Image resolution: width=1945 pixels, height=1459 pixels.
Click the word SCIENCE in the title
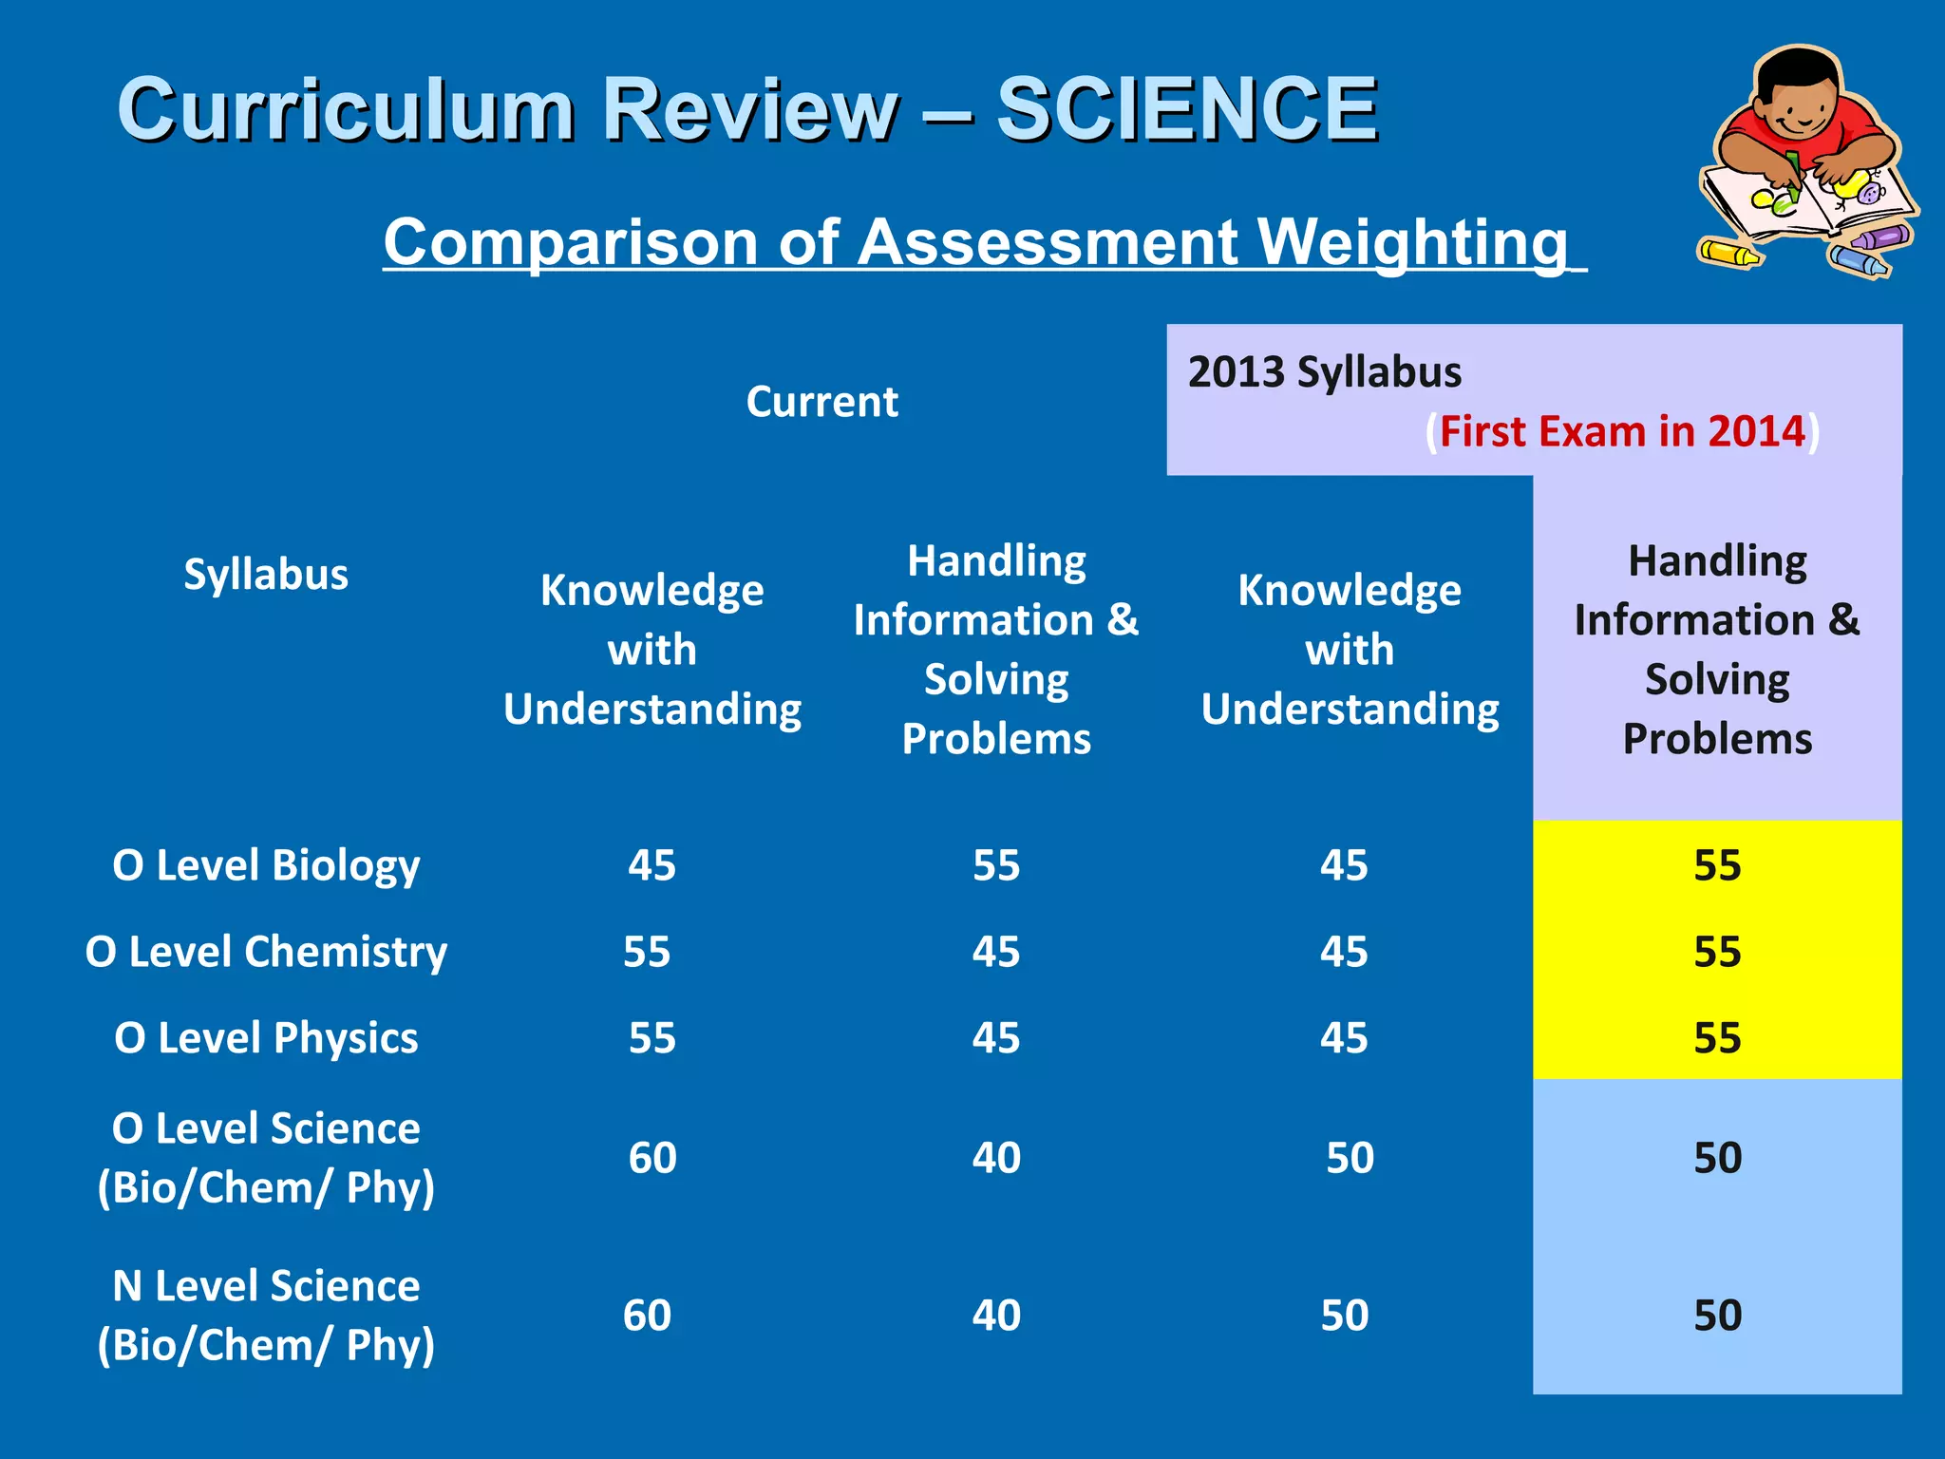1186,110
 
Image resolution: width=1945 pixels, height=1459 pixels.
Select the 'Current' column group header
821,402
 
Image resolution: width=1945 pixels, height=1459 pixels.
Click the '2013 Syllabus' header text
1324,372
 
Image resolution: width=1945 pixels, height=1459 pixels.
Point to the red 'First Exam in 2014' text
1622,431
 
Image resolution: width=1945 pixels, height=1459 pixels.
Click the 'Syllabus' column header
266,575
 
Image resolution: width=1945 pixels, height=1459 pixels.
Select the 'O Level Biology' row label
266,865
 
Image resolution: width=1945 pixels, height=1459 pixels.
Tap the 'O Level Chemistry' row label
266,952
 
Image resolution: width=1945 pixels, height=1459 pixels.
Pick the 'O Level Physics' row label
266,1038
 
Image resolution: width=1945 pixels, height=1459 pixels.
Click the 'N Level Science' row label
266,1286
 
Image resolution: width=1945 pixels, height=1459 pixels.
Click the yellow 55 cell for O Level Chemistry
1717,952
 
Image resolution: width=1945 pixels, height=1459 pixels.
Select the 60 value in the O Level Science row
652,1158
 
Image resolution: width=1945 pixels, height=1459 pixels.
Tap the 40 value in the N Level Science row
996,1316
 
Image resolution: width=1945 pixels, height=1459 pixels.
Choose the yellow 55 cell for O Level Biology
1717,865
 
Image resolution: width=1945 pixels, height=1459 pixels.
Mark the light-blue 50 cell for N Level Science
1717,1316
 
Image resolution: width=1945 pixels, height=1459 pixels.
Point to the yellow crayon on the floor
1728,253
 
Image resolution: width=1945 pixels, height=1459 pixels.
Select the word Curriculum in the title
347,110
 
